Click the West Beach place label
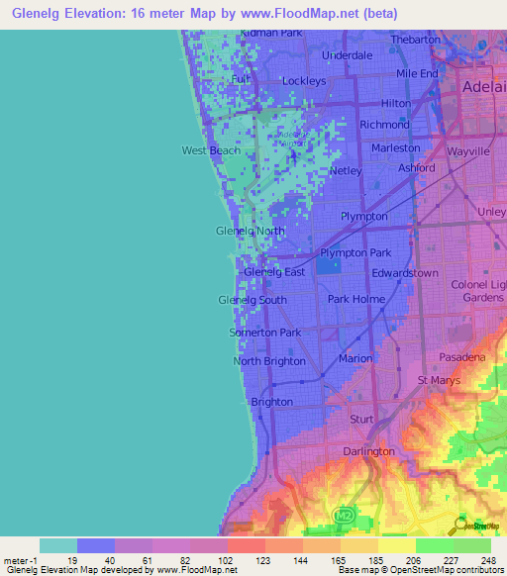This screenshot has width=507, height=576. tap(210, 150)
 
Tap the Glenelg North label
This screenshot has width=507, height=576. tap(250, 231)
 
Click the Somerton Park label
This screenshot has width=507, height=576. tap(265, 333)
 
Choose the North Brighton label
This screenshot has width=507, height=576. tap(269, 361)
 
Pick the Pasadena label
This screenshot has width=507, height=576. tap(462, 356)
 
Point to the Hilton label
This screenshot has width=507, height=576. tap(396, 103)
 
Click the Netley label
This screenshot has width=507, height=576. tap(346, 170)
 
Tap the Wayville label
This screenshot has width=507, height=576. tap(468, 152)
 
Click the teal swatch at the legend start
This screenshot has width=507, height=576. tap(58, 545)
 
